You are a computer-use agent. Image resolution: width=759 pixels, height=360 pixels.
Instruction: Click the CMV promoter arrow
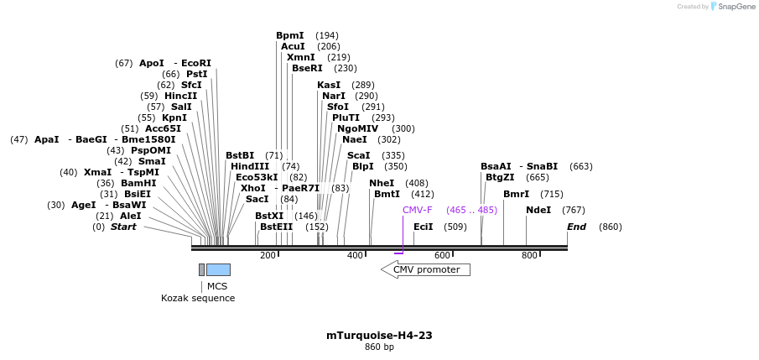[426, 269]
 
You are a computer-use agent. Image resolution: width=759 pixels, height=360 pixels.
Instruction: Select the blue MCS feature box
[218, 269]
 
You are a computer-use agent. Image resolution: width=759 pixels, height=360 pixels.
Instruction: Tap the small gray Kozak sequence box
[201, 269]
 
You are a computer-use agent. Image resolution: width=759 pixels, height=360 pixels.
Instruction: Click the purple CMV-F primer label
[417, 210]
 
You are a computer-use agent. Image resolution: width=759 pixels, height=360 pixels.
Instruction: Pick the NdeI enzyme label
[538, 210]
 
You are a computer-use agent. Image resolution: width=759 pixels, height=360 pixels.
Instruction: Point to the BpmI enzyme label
[290, 35]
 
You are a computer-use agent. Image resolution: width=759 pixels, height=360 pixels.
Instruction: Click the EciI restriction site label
[424, 227]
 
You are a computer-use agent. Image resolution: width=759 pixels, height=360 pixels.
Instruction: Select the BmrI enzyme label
[516, 194]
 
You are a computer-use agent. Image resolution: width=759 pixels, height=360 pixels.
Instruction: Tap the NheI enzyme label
[382, 183]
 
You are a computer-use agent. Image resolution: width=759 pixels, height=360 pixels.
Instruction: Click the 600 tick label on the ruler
[442, 255]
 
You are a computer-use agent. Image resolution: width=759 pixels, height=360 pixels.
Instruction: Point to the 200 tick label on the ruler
[268, 255]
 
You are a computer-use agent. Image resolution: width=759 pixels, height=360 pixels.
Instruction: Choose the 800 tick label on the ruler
[529, 255]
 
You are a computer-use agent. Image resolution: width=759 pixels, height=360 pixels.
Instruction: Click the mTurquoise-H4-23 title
[379, 335]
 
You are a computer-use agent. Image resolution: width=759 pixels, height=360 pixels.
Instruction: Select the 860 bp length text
[379, 347]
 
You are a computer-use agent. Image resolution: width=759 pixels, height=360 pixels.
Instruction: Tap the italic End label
[576, 227]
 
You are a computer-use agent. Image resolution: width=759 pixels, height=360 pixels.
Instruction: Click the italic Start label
[123, 227]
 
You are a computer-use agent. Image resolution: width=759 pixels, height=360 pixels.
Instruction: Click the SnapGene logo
[732, 7]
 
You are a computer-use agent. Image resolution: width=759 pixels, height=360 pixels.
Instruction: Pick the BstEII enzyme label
[276, 227]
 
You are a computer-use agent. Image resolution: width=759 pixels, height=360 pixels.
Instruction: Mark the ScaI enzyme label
[358, 155]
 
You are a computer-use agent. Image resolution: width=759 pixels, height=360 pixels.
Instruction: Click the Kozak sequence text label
[198, 298]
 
